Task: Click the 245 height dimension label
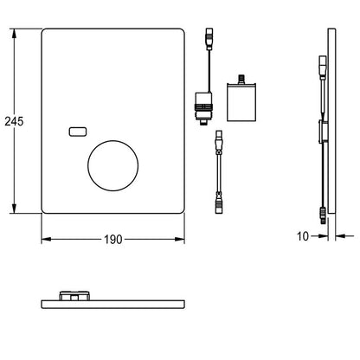[14, 121]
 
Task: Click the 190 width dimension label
[113, 240]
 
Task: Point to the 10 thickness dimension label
[303, 236]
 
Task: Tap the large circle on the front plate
[113, 165]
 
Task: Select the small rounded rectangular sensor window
[78, 132]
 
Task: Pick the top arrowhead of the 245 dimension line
[14, 33]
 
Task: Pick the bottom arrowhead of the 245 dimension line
[14, 209]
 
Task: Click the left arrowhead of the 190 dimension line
[46, 239]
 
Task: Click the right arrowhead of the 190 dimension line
[180, 239]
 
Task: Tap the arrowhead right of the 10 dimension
[340, 236]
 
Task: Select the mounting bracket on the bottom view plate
[74, 296]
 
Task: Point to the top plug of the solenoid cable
[209, 39]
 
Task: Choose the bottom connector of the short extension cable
[219, 204]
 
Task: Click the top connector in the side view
[323, 67]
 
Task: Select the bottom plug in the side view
[324, 215]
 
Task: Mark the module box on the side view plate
[323, 132]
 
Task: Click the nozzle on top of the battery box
[241, 79]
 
